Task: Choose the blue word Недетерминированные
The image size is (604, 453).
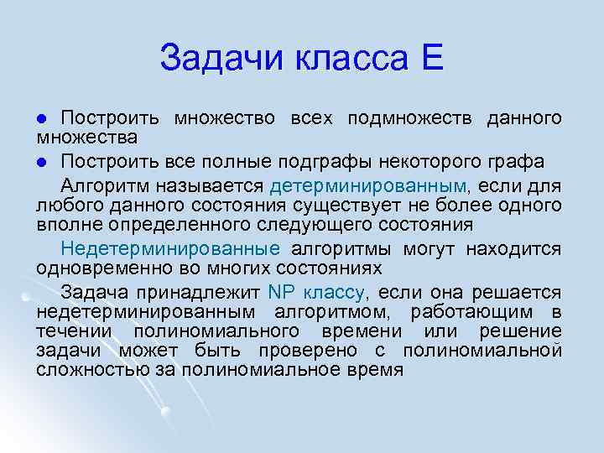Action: click(x=170, y=249)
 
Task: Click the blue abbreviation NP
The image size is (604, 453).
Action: click(x=277, y=293)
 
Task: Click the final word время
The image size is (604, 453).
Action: click(x=370, y=370)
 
